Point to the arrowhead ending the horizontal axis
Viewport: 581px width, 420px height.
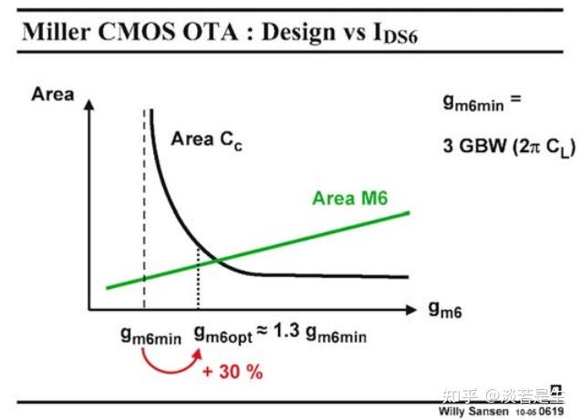tap(416, 307)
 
